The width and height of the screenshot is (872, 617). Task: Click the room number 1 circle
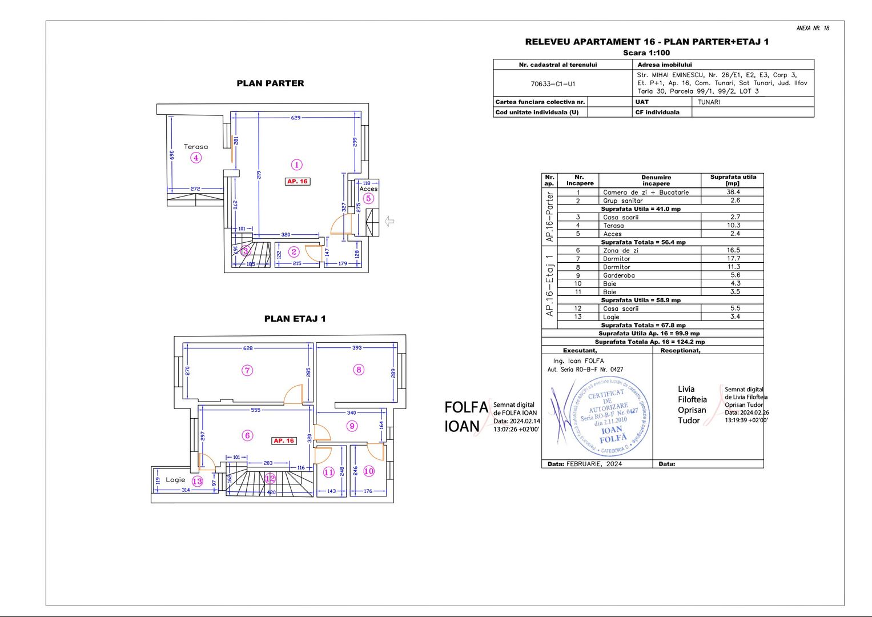[296, 165]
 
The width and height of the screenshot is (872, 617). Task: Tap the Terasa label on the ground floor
[196, 147]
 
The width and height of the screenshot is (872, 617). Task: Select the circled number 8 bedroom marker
[359, 370]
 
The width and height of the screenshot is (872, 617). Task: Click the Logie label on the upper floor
[175, 480]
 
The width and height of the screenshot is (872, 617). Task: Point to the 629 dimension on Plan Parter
[295, 118]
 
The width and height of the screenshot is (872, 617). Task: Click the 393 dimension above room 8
[357, 347]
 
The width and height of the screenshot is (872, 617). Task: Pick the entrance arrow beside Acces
[390, 221]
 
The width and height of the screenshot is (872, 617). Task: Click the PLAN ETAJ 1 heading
[295, 319]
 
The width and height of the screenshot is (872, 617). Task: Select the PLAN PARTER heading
[270, 83]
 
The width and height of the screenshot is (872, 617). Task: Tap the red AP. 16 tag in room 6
[284, 440]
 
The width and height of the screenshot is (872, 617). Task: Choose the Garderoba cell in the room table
[618, 275]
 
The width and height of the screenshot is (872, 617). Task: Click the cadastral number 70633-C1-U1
[553, 84]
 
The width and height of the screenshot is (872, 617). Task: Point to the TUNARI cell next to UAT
[709, 102]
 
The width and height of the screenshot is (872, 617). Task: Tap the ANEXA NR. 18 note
[813, 28]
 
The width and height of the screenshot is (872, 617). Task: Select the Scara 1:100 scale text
[646, 53]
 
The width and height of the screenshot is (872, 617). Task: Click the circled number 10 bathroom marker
[369, 471]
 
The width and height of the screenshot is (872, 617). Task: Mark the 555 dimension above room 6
[255, 410]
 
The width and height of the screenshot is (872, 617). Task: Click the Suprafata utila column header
[733, 180]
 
